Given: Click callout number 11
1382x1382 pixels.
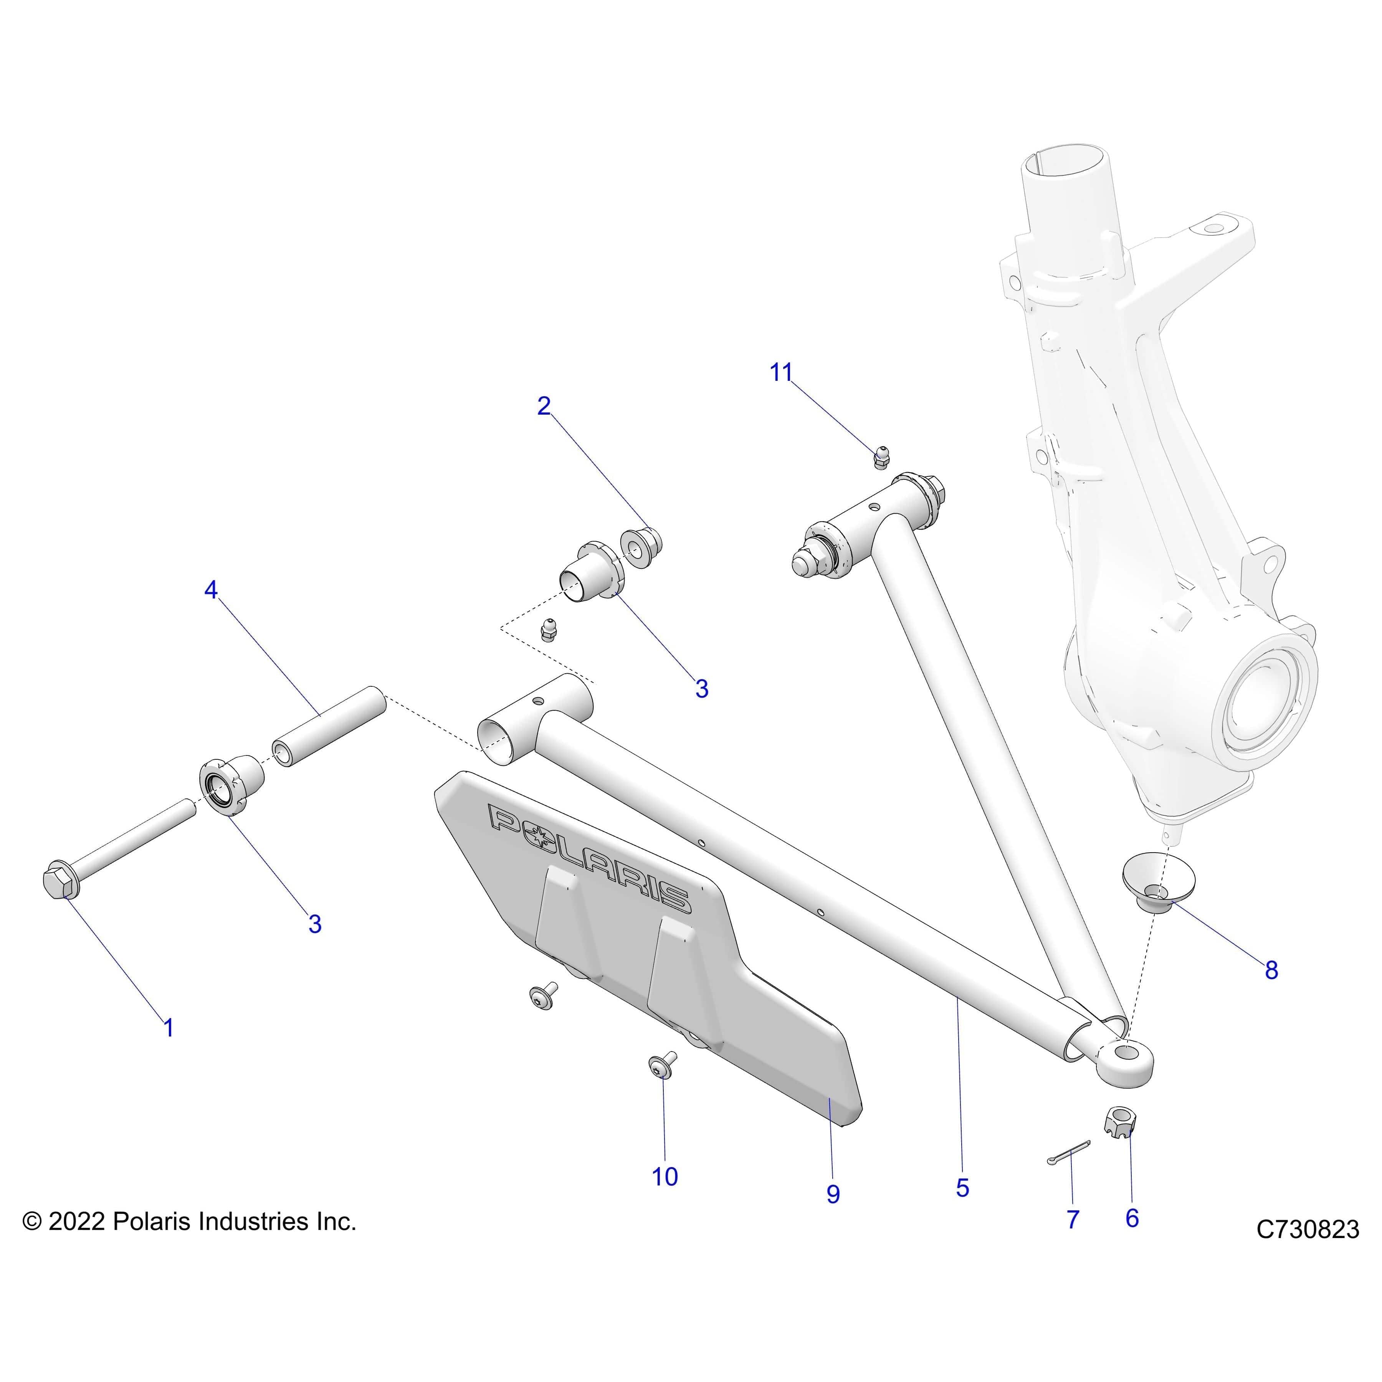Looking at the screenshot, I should [781, 373].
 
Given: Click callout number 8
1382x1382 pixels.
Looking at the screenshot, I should [1271, 971].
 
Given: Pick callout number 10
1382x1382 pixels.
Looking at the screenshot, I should [665, 1177].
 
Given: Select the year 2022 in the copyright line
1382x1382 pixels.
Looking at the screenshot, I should [76, 1221].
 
